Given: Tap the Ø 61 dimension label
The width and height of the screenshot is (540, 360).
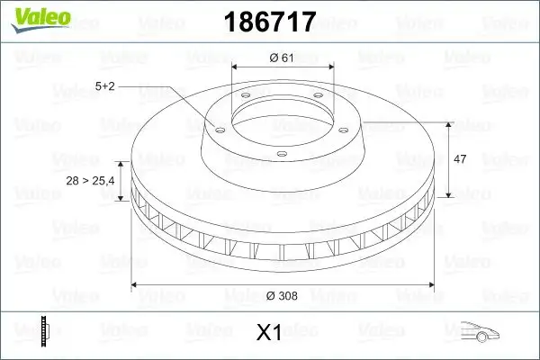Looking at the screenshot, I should coord(283,58).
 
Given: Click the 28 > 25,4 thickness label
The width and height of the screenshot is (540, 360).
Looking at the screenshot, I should coord(89,181).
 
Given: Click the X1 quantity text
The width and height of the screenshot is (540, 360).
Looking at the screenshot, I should coord(269,333).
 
